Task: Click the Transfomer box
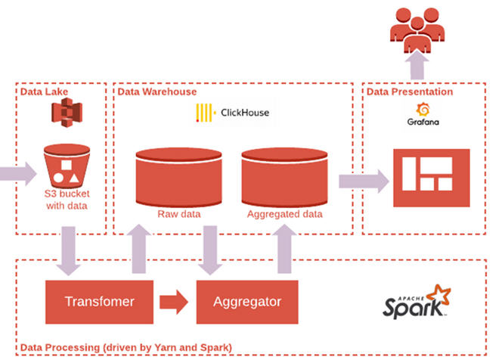point(100,301)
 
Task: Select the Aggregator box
point(246,301)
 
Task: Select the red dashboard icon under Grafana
point(431,177)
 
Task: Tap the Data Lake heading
point(45,92)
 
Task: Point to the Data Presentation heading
point(411,92)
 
